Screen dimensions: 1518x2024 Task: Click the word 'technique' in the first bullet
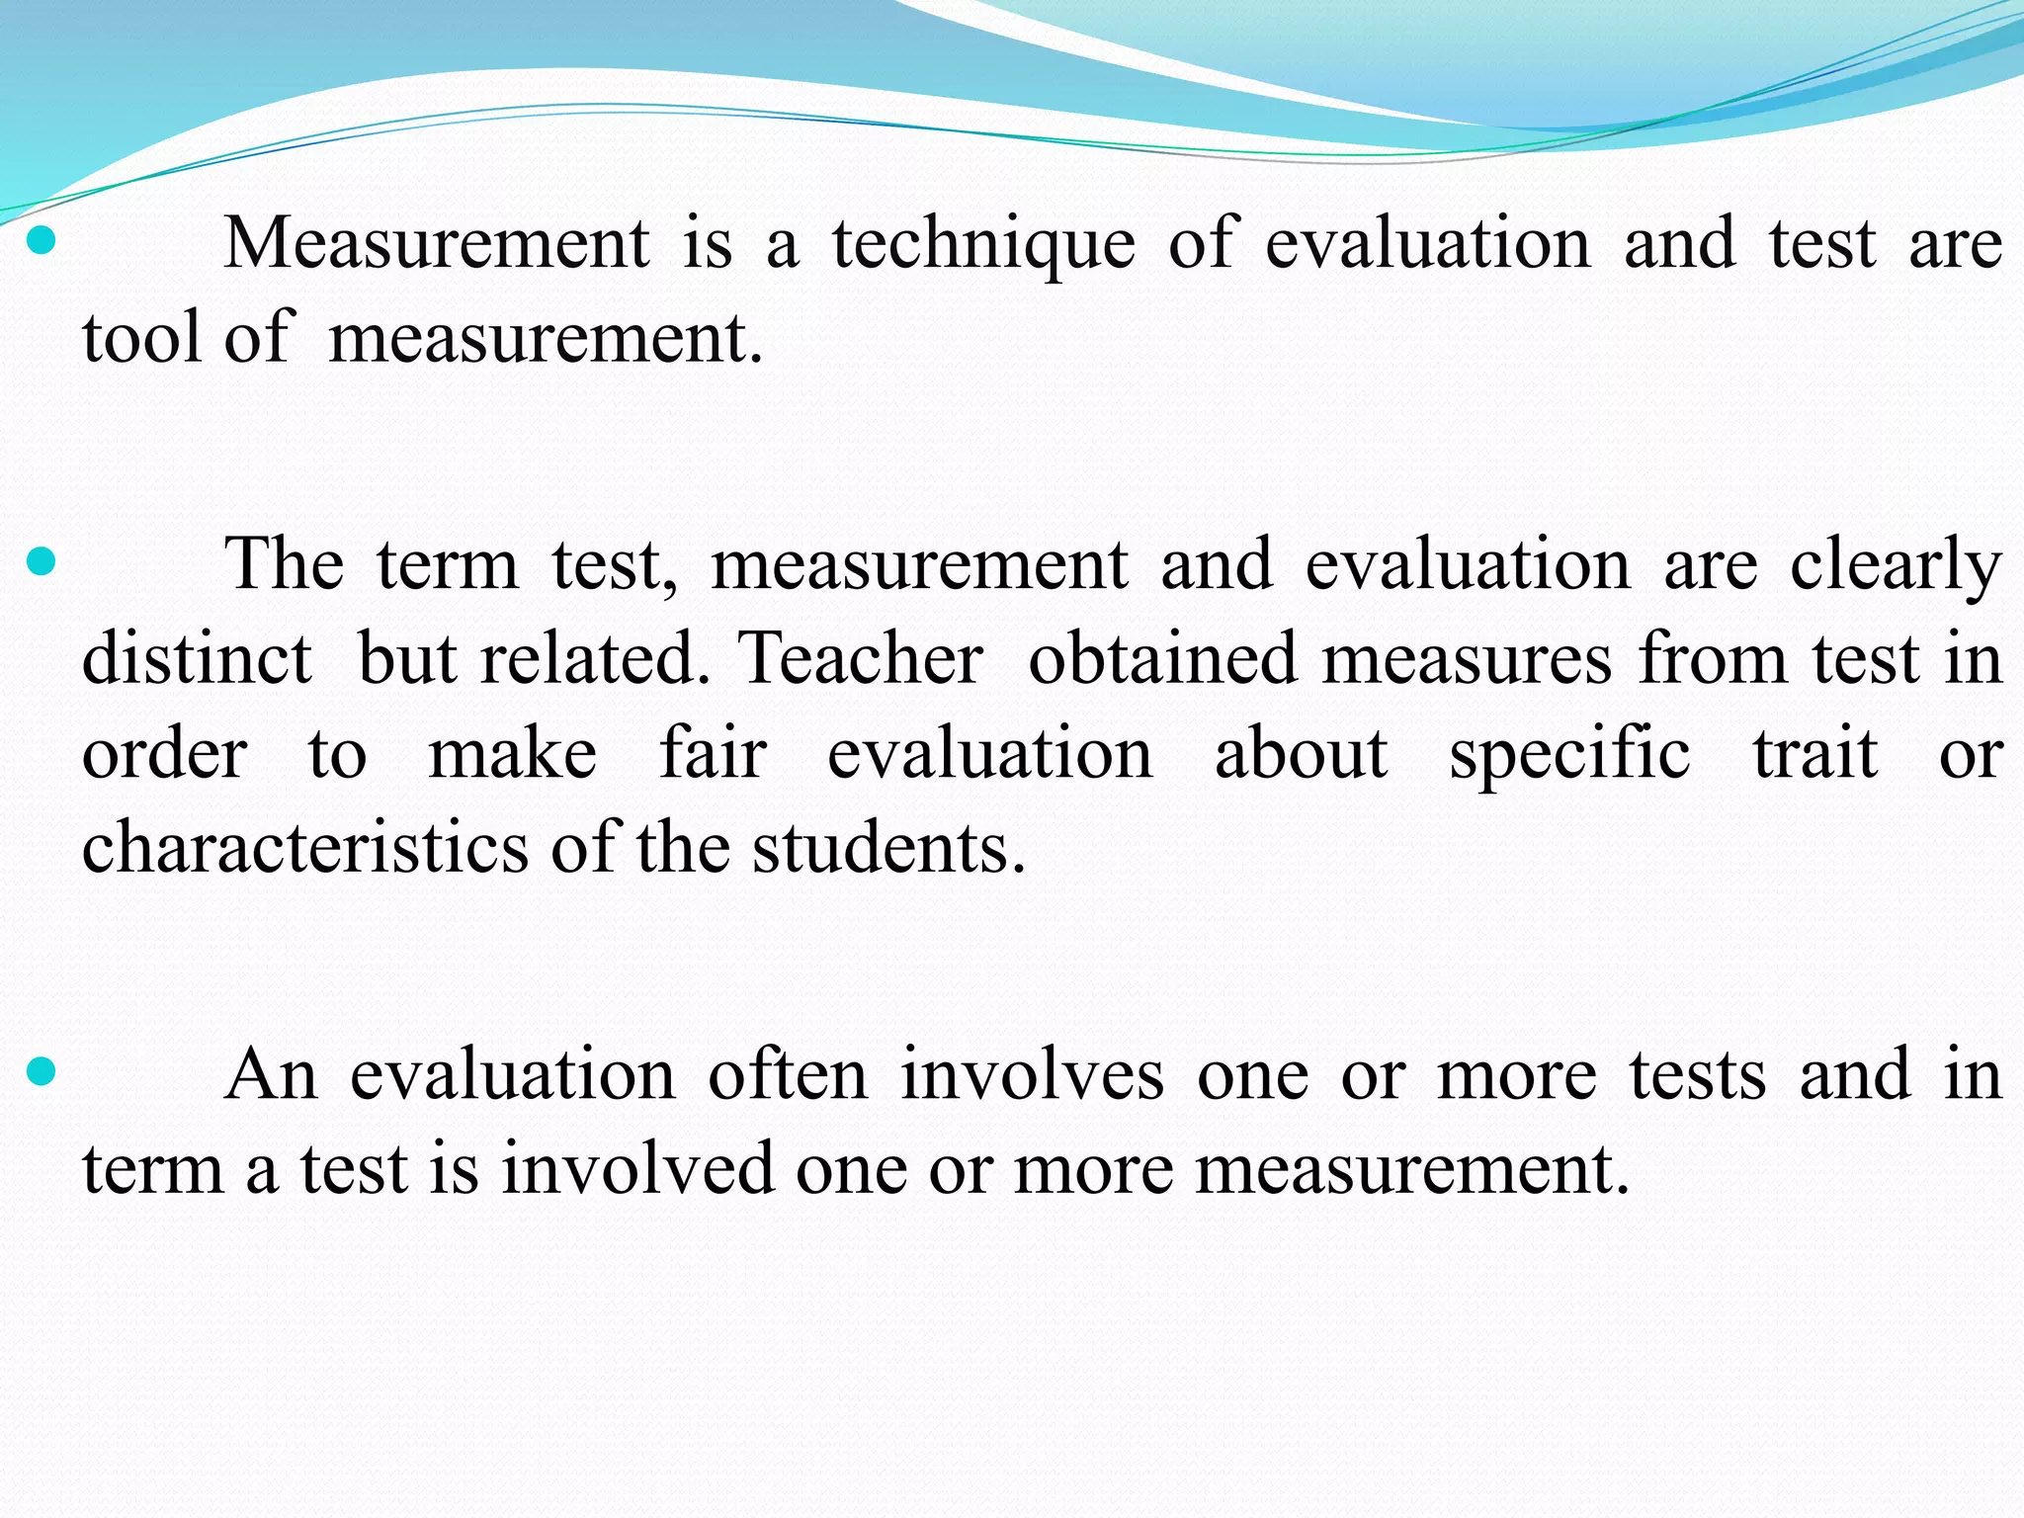pyautogui.click(x=983, y=245)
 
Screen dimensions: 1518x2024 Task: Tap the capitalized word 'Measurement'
pyautogui.click(x=437, y=243)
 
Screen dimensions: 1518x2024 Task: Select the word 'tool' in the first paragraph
pyautogui.click(x=141, y=338)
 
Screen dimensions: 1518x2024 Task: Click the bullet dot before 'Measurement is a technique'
pyautogui.click(x=41, y=241)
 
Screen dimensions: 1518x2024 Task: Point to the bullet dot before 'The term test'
pyautogui.click(x=41, y=563)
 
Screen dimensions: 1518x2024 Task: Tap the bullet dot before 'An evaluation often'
pyautogui.click(x=41, y=1071)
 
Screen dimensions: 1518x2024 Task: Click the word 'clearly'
pyautogui.click(x=1896, y=566)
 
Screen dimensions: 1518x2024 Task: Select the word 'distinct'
pyautogui.click(x=197, y=658)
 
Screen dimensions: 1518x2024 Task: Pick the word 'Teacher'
pyautogui.click(x=861, y=658)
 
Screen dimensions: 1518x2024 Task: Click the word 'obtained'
pyautogui.click(x=1162, y=658)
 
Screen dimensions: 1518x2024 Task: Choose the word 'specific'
pyautogui.click(x=1569, y=756)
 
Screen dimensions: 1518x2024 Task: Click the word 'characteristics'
pyautogui.click(x=305, y=848)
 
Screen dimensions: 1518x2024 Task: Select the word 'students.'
pyautogui.click(x=888, y=848)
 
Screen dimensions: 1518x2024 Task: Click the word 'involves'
pyautogui.click(x=1032, y=1074)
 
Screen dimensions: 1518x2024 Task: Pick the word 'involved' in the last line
pyautogui.click(x=637, y=1169)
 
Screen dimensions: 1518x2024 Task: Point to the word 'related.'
pyautogui.click(x=595, y=658)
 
